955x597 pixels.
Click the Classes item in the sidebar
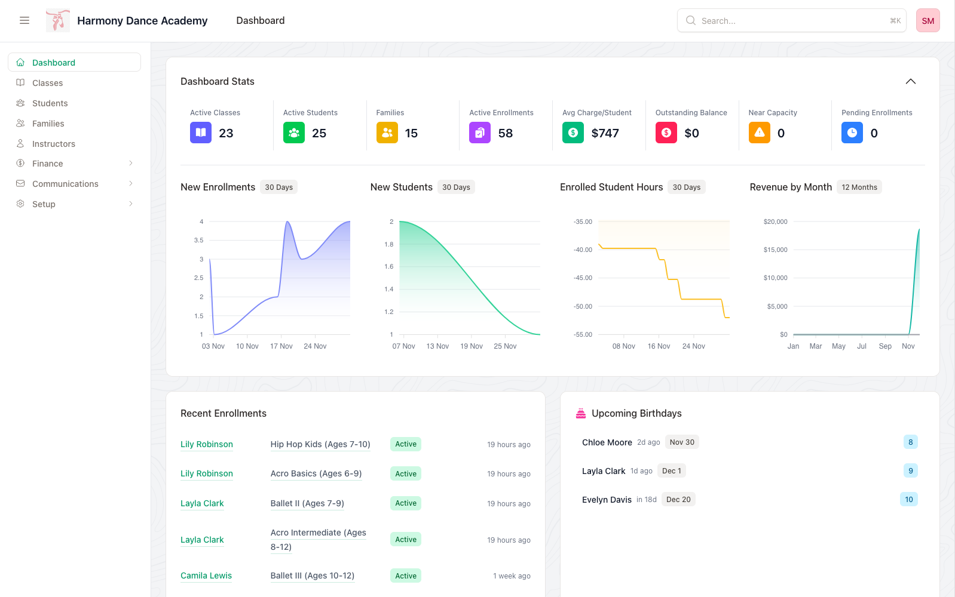pyautogui.click(x=47, y=83)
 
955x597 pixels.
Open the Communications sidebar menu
pyautogui.click(x=65, y=184)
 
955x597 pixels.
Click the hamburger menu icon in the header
pyautogui.click(x=25, y=20)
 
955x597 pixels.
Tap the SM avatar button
pyautogui.click(x=928, y=20)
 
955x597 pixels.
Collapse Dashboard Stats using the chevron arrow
pyautogui.click(x=910, y=81)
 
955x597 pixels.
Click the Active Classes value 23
pyautogui.click(x=226, y=133)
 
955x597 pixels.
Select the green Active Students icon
pyautogui.click(x=293, y=133)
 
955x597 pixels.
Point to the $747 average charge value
pyautogui.click(x=605, y=133)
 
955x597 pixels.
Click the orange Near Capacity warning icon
pyautogui.click(x=759, y=133)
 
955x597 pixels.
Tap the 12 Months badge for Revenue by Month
pyautogui.click(x=859, y=187)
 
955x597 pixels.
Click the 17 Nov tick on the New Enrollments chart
pyautogui.click(x=281, y=346)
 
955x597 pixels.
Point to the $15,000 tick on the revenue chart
pyautogui.click(x=775, y=250)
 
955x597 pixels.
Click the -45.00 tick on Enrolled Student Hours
pyautogui.click(x=583, y=278)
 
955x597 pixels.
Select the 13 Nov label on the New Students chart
pyautogui.click(x=437, y=346)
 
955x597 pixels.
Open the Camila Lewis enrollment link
pyautogui.click(x=206, y=576)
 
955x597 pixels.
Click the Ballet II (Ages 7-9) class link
pyautogui.click(x=307, y=503)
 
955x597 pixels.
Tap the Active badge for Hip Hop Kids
pyautogui.click(x=406, y=444)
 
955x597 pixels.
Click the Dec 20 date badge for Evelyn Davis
pyautogui.click(x=678, y=500)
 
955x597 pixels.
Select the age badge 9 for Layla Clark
pyautogui.click(x=910, y=470)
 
